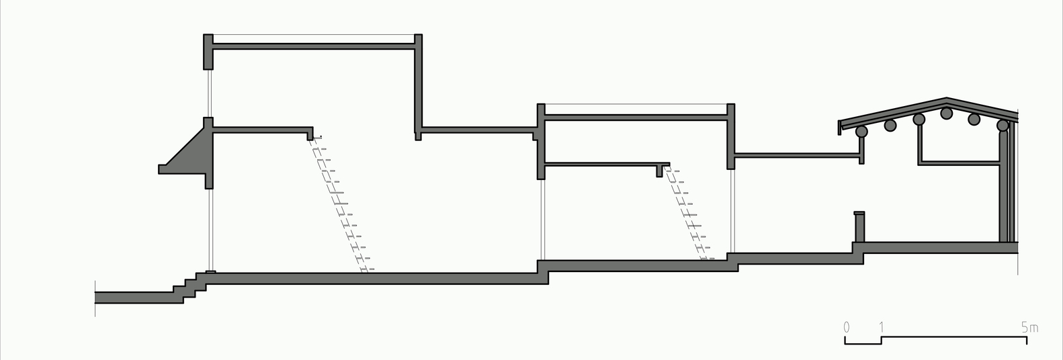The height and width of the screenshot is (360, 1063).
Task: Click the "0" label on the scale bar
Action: pos(847,327)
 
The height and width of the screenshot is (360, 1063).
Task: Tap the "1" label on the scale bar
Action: pos(882,327)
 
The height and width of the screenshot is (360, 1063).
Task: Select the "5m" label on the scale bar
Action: pos(1030,327)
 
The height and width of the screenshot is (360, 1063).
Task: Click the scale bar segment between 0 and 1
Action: pos(863,341)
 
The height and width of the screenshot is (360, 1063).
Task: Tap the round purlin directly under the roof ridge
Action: pos(946,114)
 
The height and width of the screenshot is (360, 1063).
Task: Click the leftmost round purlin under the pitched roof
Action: pos(861,132)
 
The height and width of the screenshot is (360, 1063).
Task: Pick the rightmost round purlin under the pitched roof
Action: pos(1003,126)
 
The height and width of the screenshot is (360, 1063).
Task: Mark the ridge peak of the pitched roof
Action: pos(947,98)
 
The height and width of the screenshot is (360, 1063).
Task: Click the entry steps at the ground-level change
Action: pos(189,287)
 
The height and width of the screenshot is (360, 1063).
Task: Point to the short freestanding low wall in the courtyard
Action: pos(859,227)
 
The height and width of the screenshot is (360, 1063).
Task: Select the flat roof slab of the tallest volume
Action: pos(313,46)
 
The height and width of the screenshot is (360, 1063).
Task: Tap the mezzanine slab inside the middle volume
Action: pos(607,165)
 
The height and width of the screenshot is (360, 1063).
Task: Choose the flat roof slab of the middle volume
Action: pos(636,117)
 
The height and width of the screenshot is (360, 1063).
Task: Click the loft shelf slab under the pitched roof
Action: pos(960,163)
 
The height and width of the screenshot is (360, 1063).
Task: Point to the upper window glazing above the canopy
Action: pos(208,93)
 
